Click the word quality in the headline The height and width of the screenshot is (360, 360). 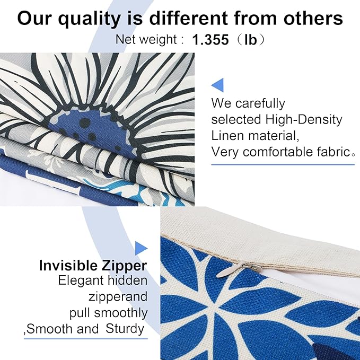89,19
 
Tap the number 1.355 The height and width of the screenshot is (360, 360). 210,39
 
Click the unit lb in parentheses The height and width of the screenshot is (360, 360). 250,39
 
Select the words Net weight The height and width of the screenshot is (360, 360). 146,39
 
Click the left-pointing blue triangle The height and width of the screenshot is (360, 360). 217,85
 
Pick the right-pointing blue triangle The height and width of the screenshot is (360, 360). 141,248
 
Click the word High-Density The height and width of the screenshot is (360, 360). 304,120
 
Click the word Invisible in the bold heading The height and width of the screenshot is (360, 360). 68,266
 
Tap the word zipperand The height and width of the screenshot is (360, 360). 118,297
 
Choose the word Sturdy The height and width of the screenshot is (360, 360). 125,329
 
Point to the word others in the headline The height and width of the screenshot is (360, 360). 313,19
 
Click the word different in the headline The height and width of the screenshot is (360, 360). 189,19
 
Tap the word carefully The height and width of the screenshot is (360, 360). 260,104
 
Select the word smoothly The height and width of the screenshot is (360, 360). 121,313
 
